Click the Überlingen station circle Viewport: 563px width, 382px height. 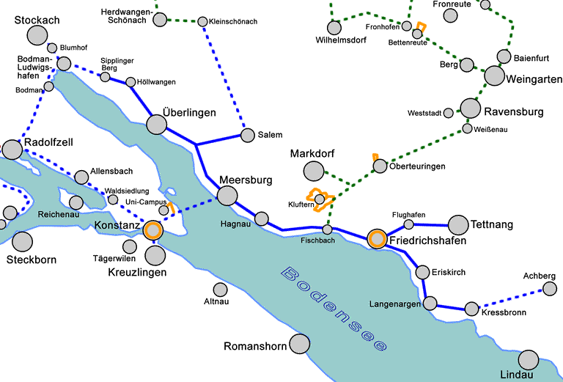click(x=156, y=124)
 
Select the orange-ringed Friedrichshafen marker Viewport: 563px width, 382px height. click(x=377, y=238)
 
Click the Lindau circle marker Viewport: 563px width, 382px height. click(x=529, y=359)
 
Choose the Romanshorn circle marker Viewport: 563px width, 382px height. click(x=299, y=343)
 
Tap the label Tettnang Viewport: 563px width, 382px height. click(x=492, y=224)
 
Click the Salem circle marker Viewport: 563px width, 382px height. click(x=246, y=135)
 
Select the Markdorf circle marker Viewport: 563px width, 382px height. click(x=313, y=172)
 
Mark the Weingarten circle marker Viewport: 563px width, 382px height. click(x=494, y=76)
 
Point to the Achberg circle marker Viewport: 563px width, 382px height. click(x=550, y=288)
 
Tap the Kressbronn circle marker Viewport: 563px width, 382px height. click(x=471, y=309)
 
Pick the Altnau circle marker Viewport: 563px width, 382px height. click(x=220, y=290)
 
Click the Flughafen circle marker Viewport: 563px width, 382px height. click(x=409, y=224)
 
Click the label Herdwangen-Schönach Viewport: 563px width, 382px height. click(x=127, y=16)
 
